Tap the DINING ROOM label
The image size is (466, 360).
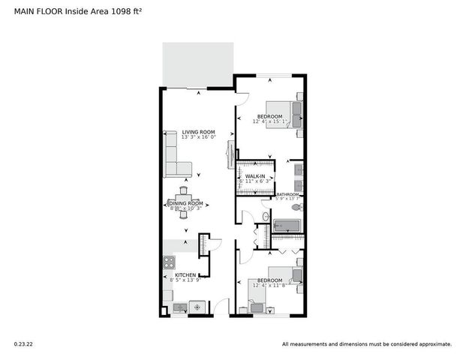pos(185,203)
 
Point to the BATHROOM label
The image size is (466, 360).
pos(288,194)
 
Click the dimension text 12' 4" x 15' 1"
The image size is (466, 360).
pos(270,121)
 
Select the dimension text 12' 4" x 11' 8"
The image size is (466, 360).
pos(270,284)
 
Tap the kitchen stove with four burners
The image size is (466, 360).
pos(170,262)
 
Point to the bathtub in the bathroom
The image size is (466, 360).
pos(287,226)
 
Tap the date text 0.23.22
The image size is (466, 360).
pos(23,344)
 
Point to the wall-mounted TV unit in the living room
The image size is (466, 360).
pos(231,157)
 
